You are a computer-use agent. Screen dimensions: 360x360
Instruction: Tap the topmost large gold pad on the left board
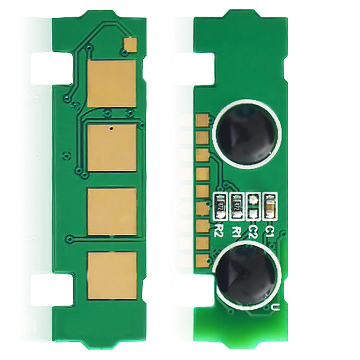click(112, 84)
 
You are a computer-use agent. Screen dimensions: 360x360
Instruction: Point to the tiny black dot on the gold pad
click(111, 128)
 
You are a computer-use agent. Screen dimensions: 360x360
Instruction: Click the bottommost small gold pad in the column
click(202, 259)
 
